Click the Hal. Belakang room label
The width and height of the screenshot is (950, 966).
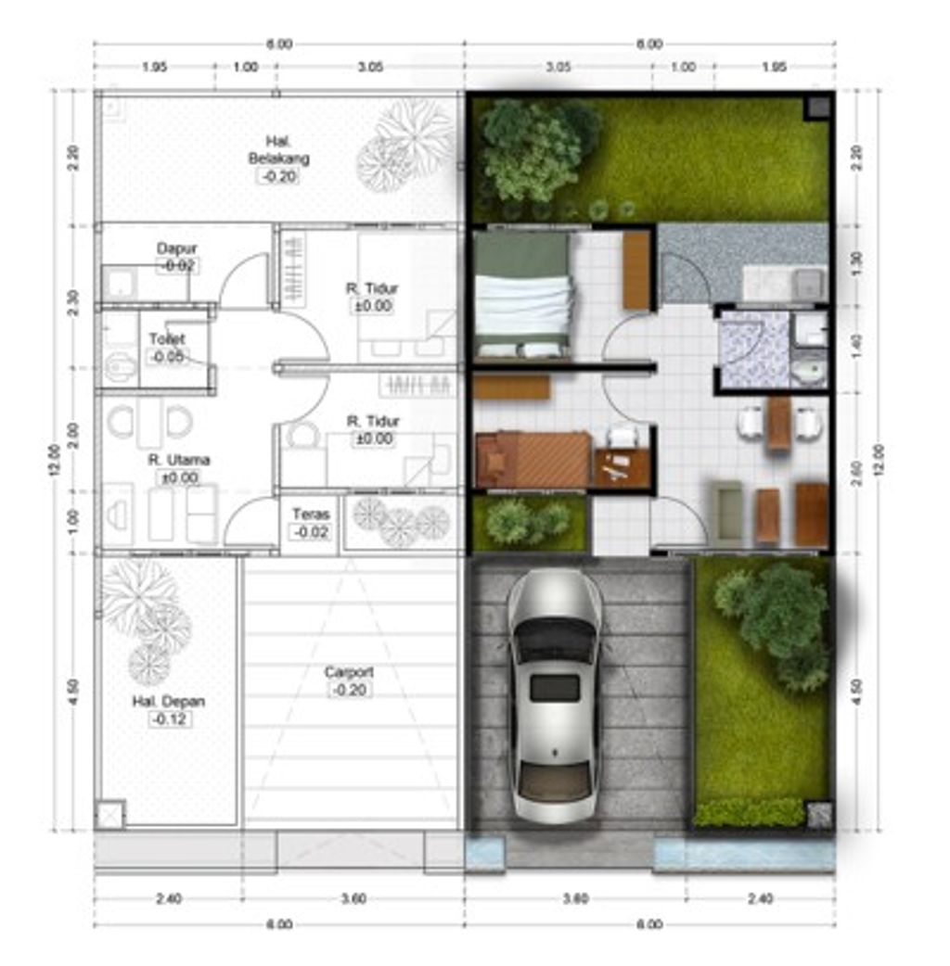click(x=278, y=149)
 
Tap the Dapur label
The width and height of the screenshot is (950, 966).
click(x=176, y=248)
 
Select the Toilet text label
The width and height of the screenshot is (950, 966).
click(x=167, y=339)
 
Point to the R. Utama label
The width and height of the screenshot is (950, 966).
click(x=178, y=460)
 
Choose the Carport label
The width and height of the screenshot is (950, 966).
click(x=349, y=672)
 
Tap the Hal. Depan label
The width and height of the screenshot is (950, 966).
click(x=168, y=702)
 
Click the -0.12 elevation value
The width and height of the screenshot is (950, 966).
click(x=168, y=719)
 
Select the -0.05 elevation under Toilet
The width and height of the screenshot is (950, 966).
click(x=167, y=356)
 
